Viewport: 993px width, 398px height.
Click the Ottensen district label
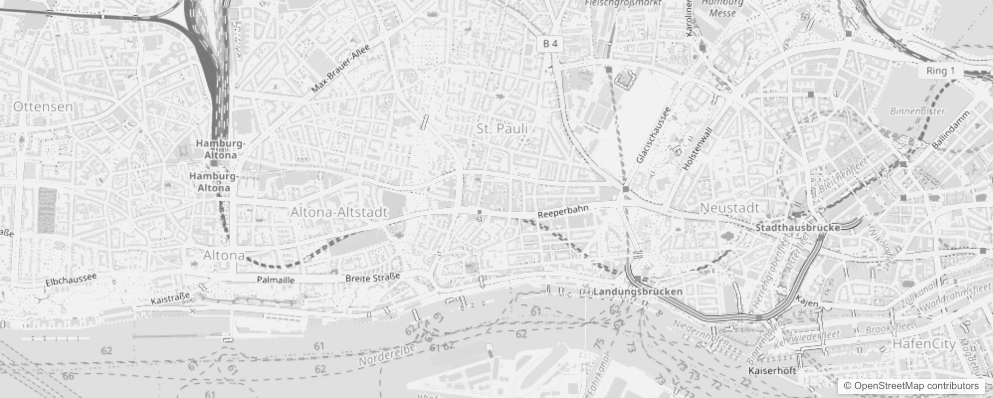point(43,106)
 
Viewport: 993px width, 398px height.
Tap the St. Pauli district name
point(502,129)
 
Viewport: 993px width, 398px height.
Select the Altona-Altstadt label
point(339,212)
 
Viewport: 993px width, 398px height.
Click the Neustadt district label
point(730,208)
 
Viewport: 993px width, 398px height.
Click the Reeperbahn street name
point(563,211)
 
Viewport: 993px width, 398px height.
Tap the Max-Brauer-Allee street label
point(341,69)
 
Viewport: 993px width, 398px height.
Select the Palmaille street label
point(276,280)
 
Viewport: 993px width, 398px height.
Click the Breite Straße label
point(373,278)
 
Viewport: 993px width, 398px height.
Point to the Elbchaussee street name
point(71,280)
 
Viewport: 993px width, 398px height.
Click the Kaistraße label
point(170,299)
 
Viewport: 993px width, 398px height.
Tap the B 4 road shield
point(550,44)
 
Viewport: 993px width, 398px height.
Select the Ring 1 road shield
point(940,71)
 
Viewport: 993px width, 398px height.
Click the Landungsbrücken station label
point(638,292)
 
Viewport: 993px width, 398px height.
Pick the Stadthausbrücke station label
point(797,228)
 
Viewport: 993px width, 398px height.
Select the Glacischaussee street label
point(654,135)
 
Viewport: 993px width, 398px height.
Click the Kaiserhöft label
point(772,371)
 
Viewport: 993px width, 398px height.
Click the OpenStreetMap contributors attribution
point(911,386)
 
